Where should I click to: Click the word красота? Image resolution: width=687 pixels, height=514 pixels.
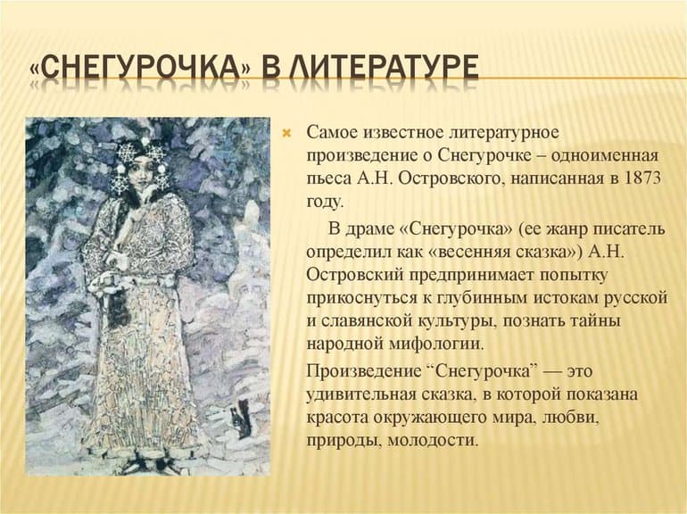click(336, 417)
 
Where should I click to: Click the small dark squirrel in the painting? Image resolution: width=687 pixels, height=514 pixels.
click(241, 418)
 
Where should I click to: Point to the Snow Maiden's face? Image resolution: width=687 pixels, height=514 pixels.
click(139, 177)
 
